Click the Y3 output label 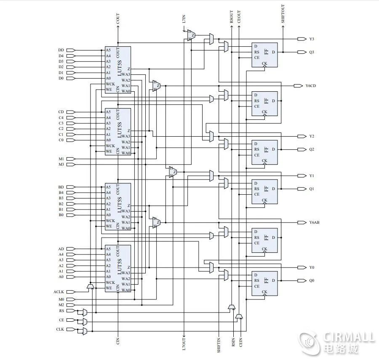click(x=312, y=39)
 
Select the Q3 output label click(x=312, y=52)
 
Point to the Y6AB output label click(x=314, y=222)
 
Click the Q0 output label click(x=312, y=281)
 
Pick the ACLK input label click(x=58, y=291)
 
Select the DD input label click(x=61, y=50)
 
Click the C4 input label click(x=61, y=118)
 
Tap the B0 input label click(x=61, y=215)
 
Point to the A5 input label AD click(x=61, y=249)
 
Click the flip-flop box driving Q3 click(x=264, y=55)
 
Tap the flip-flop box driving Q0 click(x=264, y=283)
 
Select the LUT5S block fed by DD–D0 click(x=117, y=70)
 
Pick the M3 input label click(x=61, y=164)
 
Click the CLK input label click(x=60, y=329)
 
